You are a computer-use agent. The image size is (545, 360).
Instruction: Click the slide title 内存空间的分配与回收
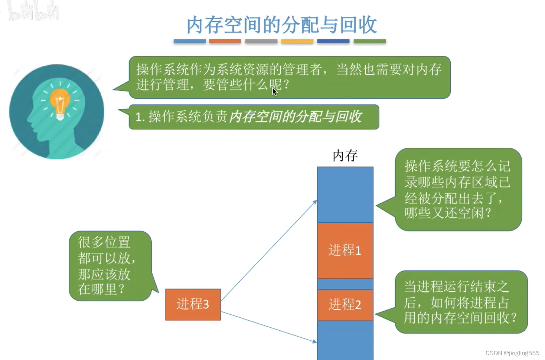281,25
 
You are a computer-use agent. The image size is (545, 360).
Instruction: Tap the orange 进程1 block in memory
345,251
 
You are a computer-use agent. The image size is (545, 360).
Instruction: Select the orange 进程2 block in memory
345,305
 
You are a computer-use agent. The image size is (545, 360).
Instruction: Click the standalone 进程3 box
193,304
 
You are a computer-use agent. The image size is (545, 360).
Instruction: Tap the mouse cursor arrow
274,92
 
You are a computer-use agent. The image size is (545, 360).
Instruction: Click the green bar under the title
369,41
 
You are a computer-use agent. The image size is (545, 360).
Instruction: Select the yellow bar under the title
297,41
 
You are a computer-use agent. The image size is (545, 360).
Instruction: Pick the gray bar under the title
261,41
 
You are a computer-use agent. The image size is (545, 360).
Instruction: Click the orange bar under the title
225,41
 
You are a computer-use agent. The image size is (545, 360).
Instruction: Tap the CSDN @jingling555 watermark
512,353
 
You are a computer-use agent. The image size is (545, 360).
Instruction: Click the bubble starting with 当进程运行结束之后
460,302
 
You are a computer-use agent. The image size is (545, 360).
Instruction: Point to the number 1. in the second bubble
140,117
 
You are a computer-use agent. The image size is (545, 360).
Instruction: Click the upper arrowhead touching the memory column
315,202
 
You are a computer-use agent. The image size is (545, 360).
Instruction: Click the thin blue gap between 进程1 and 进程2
345,284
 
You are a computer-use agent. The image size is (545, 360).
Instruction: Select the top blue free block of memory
345,195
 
